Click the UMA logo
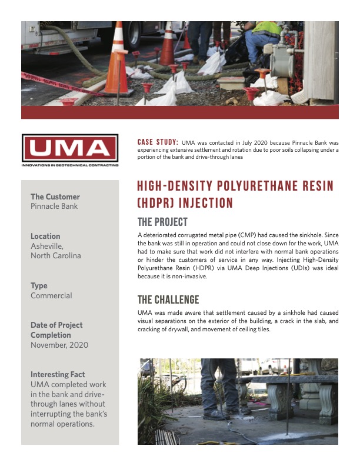click(x=69, y=148)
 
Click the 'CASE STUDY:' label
click(x=158, y=142)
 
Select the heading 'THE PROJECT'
click(x=162, y=222)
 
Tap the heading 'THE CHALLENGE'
click(x=168, y=299)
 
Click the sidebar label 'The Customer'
click(x=55, y=197)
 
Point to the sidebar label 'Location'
click(x=45, y=236)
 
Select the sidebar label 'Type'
click(x=39, y=285)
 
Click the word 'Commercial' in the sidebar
click(x=51, y=295)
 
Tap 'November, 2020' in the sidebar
click(x=59, y=345)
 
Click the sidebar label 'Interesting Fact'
click(x=58, y=374)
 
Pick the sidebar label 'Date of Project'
click(x=56, y=325)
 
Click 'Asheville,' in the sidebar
click(x=48, y=246)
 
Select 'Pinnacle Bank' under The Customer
click(x=54, y=207)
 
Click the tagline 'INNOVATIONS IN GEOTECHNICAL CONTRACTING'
click(x=69, y=165)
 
